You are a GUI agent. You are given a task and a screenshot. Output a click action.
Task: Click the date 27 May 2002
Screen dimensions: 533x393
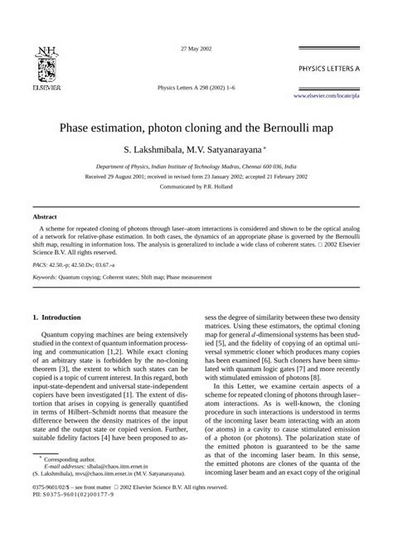click(196, 49)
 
